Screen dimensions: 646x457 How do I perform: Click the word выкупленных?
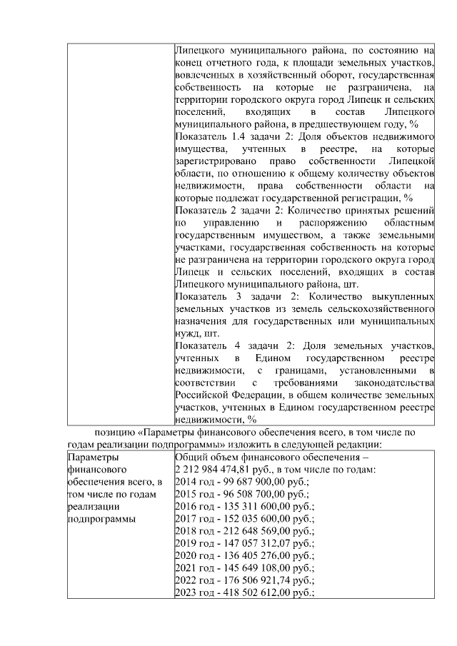[x=404, y=296]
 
